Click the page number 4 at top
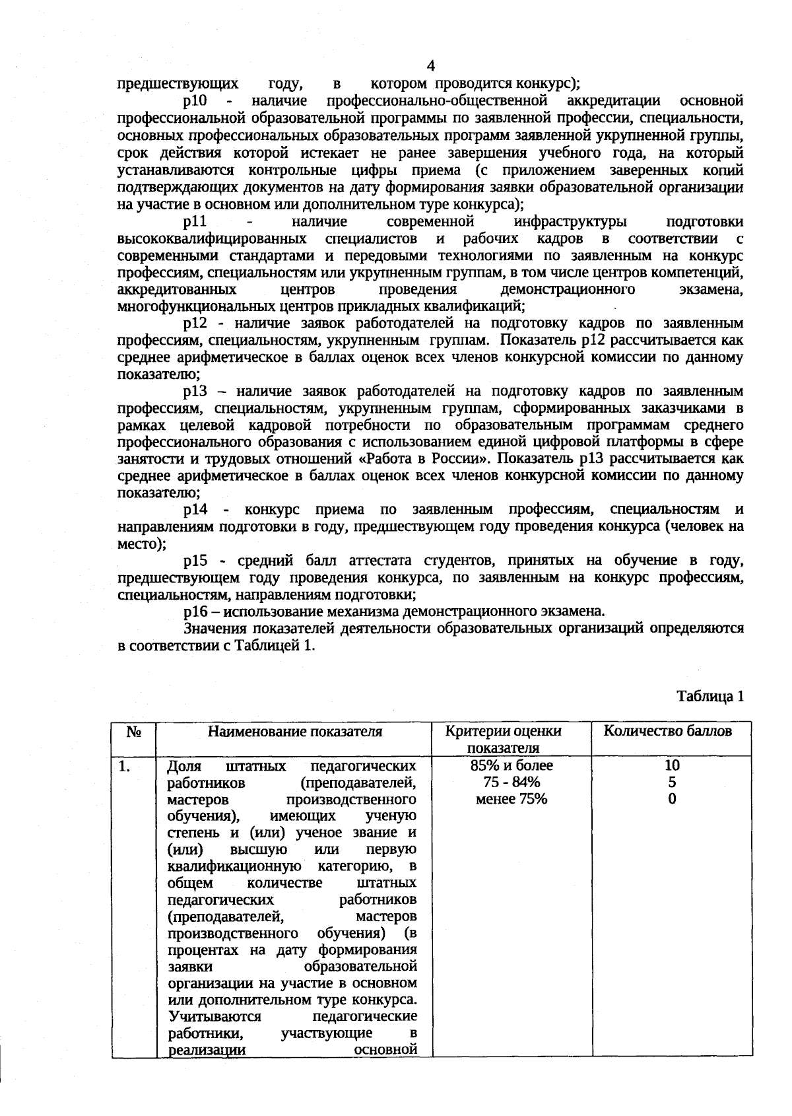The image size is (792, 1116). click(431, 66)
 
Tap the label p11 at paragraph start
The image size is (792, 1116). click(195, 221)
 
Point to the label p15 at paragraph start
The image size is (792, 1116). click(195, 561)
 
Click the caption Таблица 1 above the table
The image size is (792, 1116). click(710, 697)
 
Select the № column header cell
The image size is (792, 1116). click(133, 732)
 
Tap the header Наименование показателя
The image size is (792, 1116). click(295, 732)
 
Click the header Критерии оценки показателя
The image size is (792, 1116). click(504, 740)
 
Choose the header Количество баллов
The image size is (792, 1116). click(668, 731)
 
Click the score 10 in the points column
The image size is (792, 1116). click(672, 765)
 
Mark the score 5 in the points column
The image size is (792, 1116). click(672, 783)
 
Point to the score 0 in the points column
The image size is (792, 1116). click(672, 800)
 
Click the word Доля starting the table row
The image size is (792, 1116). click(183, 766)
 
